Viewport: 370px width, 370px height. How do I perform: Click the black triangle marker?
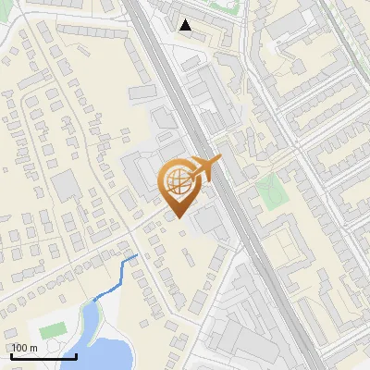point(187,25)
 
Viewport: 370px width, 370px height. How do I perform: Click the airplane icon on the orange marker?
point(205,168)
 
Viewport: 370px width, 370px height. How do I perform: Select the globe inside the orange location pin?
point(177,182)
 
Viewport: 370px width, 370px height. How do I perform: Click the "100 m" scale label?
point(25,348)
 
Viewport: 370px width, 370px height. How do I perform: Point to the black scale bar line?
point(43,356)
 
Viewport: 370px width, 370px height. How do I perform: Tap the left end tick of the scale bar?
point(11,354)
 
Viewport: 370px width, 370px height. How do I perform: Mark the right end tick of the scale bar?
point(75,354)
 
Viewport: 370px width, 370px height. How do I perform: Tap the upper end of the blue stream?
point(138,254)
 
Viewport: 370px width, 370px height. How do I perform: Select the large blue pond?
point(106,354)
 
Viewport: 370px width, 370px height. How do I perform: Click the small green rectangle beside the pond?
point(53,330)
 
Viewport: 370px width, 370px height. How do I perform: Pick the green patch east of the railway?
point(269,191)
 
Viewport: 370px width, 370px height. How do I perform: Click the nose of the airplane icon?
point(219,160)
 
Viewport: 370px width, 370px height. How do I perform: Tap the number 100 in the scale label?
point(20,348)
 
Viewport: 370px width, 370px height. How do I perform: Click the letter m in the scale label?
point(32,348)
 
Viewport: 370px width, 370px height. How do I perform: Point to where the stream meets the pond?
point(93,301)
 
